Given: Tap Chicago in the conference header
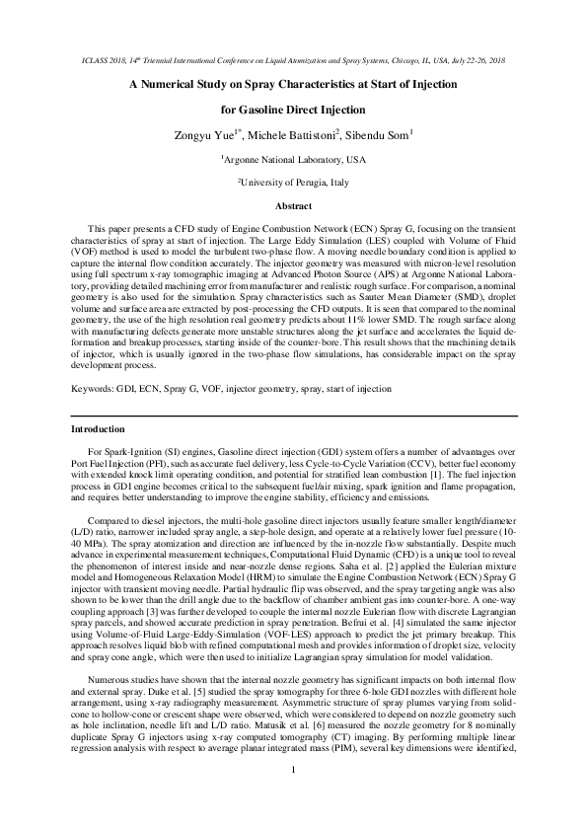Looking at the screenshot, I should pyautogui.click(x=397, y=61).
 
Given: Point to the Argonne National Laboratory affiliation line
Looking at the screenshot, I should pyautogui.click(x=294, y=159).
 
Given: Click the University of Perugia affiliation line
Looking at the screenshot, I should pyautogui.click(x=294, y=183).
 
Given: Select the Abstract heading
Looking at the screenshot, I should pyautogui.click(x=293, y=206).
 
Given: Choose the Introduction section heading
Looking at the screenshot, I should pyautogui.click(x=98, y=458).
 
